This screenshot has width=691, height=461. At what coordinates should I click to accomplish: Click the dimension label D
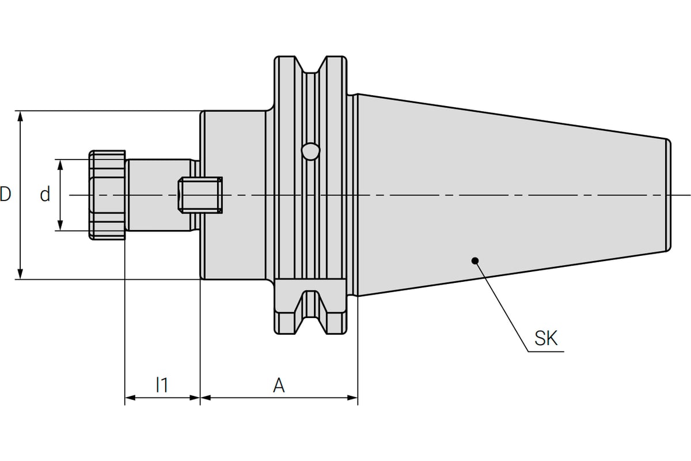pyautogui.click(x=5, y=194)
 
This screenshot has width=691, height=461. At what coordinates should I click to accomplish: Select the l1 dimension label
pyautogui.click(x=162, y=384)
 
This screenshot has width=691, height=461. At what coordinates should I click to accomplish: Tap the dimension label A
pyautogui.click(x=279, y=385)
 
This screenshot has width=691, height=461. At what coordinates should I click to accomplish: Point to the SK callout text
pyautogui.click(x=546, y=338)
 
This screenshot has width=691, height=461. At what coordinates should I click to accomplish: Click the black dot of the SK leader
pyautogui.click(x=475, y=260)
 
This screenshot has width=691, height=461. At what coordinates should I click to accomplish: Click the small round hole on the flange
pyautogui.click(x=310, y=150)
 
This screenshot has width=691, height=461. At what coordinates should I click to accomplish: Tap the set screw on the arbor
pyautogui.click(x=200, y=195)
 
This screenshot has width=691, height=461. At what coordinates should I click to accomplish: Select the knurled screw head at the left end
pyautogui.click(x=107, y=195)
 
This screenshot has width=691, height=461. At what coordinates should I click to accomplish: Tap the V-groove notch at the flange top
pyautogui.click(x=310, y=67)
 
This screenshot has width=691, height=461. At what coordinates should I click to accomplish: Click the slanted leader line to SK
pyautogui.click(x=501, y=305)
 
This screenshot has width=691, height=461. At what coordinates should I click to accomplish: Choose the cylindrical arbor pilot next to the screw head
pyautogui.click(x=158, y=195)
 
